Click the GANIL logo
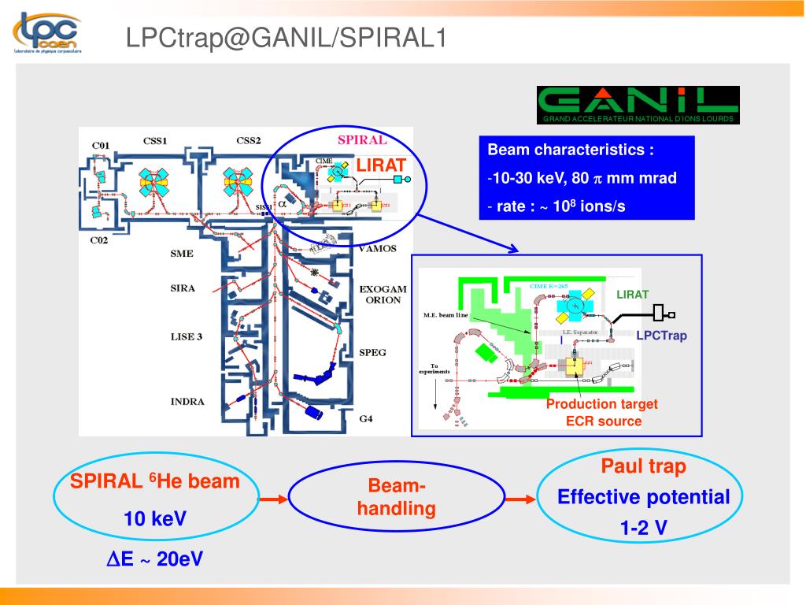pos(638,105)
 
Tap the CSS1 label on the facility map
pos(155,141)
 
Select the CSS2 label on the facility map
pos(249,141)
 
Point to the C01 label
pos(100,146)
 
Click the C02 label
pos(98,239)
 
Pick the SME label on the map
pos(182,254)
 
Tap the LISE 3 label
pos(187,336)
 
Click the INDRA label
pos(187,402)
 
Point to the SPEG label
pos(372,352)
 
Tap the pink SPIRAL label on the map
pos(362,140)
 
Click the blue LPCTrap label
pos(661,336)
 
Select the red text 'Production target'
pos(602,404)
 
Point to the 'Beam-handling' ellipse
pos(396,497)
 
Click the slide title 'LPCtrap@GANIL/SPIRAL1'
pos(287,37)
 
